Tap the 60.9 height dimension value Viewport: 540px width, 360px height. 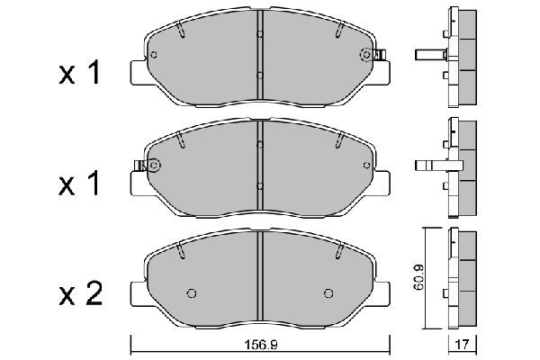[418, 278]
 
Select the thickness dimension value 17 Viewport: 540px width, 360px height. [463, 344]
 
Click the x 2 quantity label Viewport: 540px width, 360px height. [81, 294]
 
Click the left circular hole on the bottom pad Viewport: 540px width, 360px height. [192, 293]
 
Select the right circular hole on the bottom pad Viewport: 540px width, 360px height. [328, 293]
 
